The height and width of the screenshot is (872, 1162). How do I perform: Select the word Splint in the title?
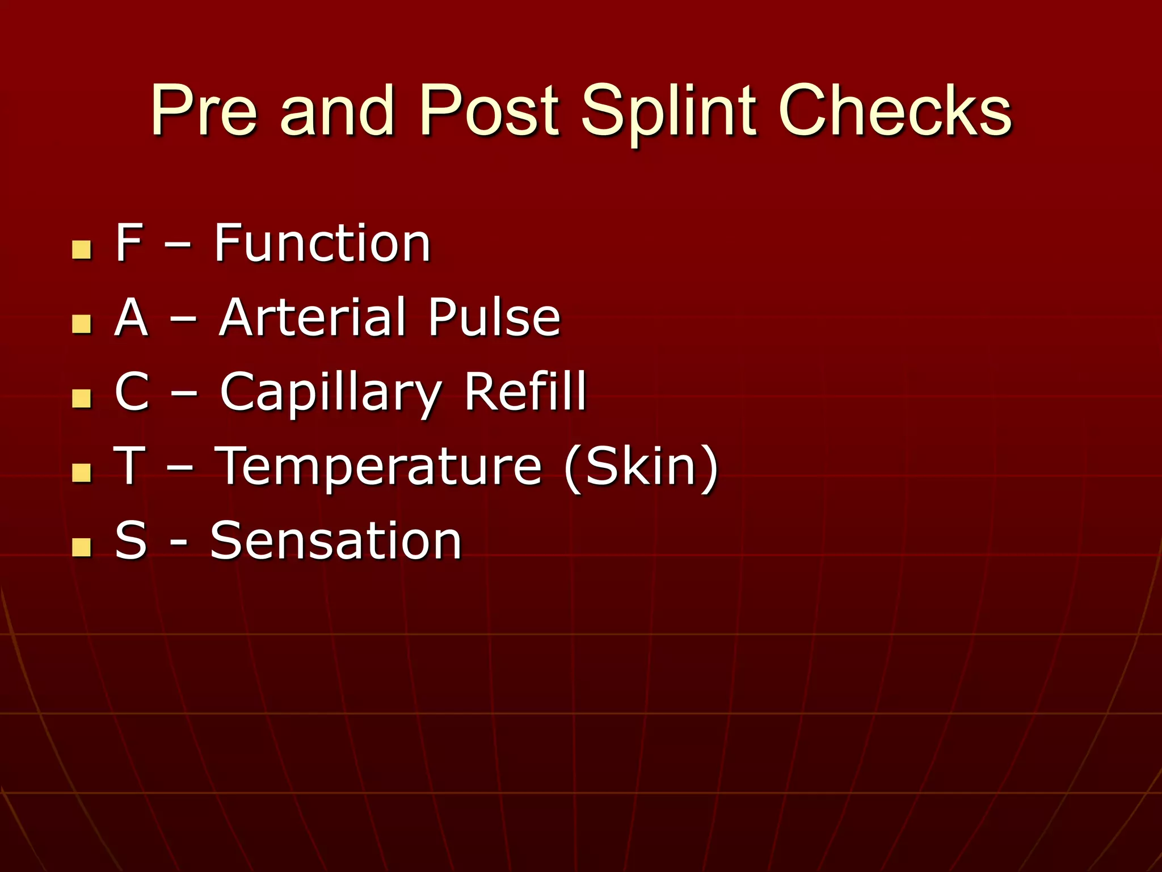(x=670, y=112)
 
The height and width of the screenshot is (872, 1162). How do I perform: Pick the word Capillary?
(x=331, y=393)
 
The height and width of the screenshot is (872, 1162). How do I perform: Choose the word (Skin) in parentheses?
(x=641, y=467)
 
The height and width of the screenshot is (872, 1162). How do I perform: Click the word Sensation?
(x=336, y=540)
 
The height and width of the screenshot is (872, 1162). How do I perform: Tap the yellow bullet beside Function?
(x=82, y=250)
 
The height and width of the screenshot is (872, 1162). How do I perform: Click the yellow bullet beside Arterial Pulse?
(x=82, y=324)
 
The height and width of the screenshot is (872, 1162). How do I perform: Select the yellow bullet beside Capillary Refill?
(x=82, y=398)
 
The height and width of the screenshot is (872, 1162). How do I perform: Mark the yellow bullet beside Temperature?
(x=82, y=472)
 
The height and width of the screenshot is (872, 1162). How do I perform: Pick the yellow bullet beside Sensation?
(x=82, y=547)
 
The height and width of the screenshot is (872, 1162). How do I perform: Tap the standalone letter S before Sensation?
(x=130, y=540)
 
